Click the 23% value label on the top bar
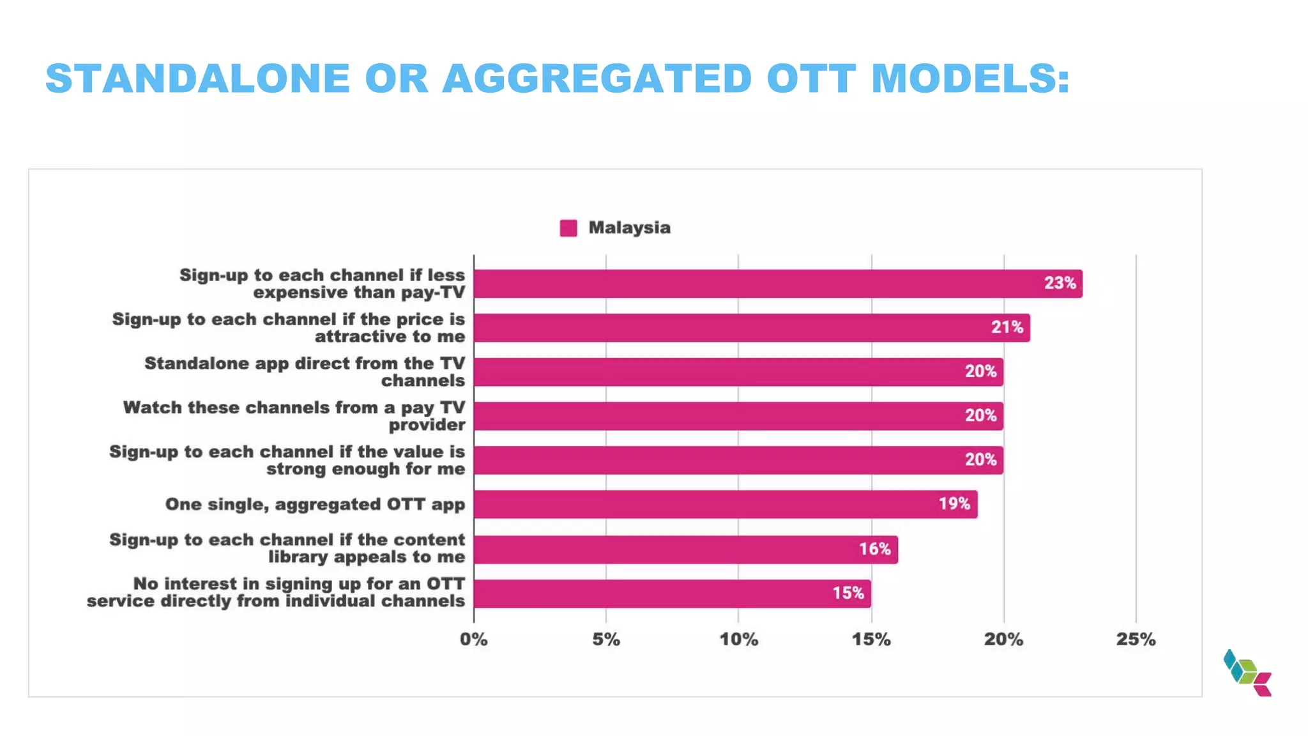coord(1060,283)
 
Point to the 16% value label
coord(874,549)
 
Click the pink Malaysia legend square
coord(568,228)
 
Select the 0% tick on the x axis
coord(473,640)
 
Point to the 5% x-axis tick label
coord(605,640)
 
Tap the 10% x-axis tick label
coord(738,640)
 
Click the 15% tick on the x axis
coord(871,640)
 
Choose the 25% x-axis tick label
coord(1136,640)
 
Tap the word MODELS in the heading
coord(970,79)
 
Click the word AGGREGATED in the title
coord(597,79)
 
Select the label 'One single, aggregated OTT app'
coord(315,504)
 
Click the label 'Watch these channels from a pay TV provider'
coord(294,416)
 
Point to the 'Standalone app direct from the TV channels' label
coord(305,372)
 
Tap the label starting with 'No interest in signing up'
coord(276,592)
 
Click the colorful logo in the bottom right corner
coord(1247,673)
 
